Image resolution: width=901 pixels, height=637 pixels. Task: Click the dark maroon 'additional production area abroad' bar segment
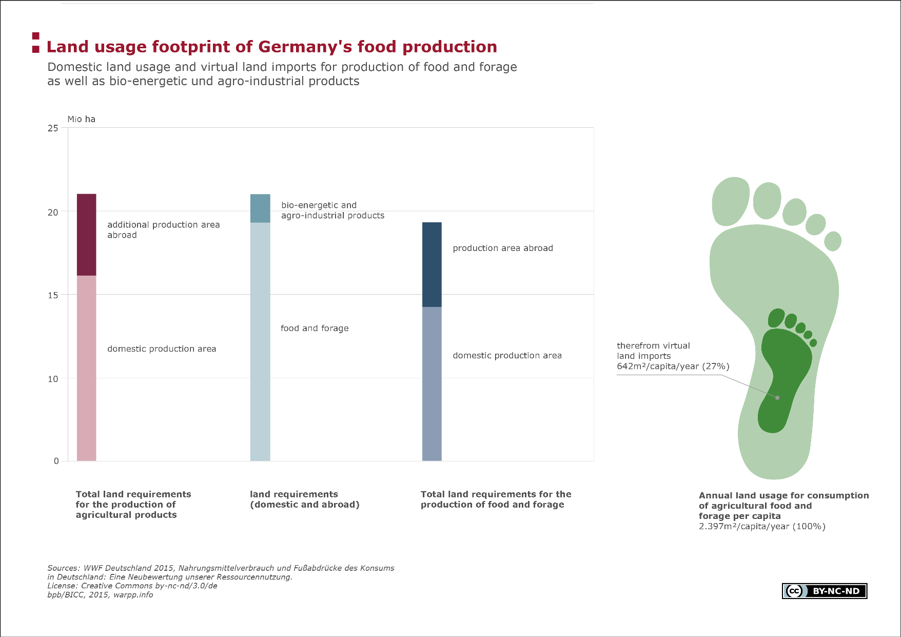pyautogui.click(x=86, y=235)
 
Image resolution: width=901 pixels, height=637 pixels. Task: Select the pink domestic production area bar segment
pyautogui.click(x=86, y=368)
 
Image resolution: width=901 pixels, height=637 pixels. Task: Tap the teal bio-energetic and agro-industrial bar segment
pyautogui.click(x=260, y=208)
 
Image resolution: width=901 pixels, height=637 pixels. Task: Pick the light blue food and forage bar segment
pyautogui.click(x=260, y=342)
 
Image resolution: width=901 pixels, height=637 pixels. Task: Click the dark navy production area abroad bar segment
pyautogui.click(x=432, y=264)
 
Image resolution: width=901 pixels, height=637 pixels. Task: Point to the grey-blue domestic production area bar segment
pyautogui.click(x=432, y=384)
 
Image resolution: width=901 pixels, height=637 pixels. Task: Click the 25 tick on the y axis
pyautogui.click(x=53, y=128)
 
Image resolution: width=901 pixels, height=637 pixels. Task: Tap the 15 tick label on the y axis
pyautogui.click(x=53, y=295)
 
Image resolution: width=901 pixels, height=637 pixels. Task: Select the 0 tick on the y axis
pyautogui.click(x=56, y=461)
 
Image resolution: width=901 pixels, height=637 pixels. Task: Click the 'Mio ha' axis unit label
pyautogui.click(x=82, y=119)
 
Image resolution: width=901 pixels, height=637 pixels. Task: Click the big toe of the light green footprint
pyautogui.click(x=731, y=201)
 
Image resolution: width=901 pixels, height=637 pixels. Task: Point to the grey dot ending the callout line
pyautogui.click(x=777, y=398)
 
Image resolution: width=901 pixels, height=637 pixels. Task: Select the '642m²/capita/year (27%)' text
pyautogui.click(x=673, y=366)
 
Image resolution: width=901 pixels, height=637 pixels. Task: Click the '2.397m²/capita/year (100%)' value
pyautogui.click(x=762, y=527)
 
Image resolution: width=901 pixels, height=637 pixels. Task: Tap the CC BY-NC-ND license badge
pyautogui.click(x=825, y=591)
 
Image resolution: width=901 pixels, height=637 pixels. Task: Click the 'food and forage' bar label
pyautogui.click(x=315, y=329)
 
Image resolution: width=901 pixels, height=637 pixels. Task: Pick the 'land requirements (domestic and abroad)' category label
pyautogui.click(x=305, y=499)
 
